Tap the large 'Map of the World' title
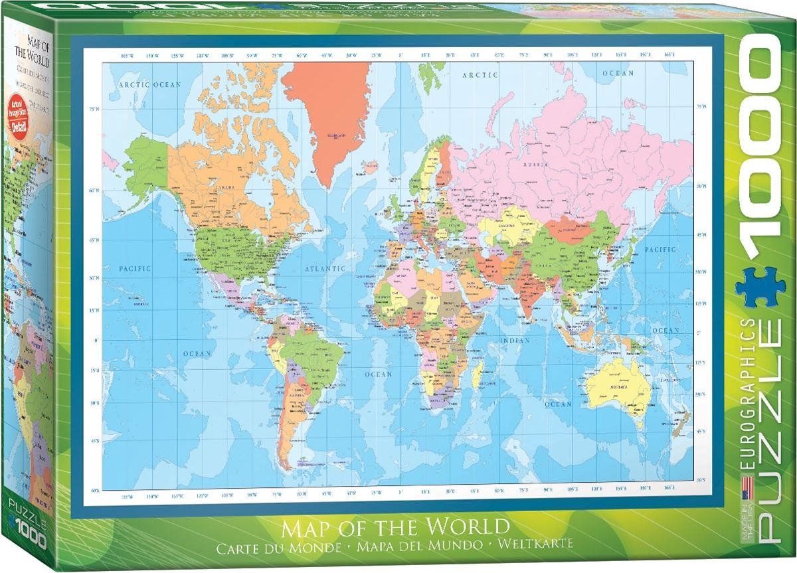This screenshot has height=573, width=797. click(x=397, y=529)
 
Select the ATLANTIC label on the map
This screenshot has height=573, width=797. click(x=325, y=269)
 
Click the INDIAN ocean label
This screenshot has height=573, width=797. click(x=511, y=341)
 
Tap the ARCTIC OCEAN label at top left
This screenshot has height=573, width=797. click(x=149, y=85)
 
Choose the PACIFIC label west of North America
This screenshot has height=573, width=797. click(x=135, y=268)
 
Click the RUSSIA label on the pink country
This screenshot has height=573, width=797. click(x=535, y=164)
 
